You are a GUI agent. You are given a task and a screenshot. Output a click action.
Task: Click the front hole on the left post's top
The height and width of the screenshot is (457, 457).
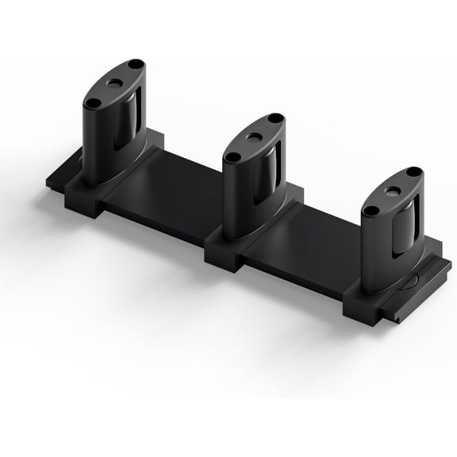coord(93,102)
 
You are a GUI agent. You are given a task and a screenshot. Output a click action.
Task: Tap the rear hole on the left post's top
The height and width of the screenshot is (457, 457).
coord(136,63)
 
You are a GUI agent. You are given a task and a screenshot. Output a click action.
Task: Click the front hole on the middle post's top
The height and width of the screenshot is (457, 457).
coord(232,156)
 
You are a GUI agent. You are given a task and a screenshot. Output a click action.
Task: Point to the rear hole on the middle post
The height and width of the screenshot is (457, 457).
coord(275,119)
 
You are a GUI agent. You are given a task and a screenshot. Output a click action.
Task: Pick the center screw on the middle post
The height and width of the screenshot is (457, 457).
coord(254,137)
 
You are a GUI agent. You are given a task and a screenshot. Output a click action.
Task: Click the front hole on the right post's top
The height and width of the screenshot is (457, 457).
coord(371,211)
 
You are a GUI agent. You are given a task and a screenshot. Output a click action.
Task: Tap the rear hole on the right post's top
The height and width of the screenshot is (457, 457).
coord(413,171)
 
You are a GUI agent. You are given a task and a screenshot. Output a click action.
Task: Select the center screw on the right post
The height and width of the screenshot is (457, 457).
coord(393,191)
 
